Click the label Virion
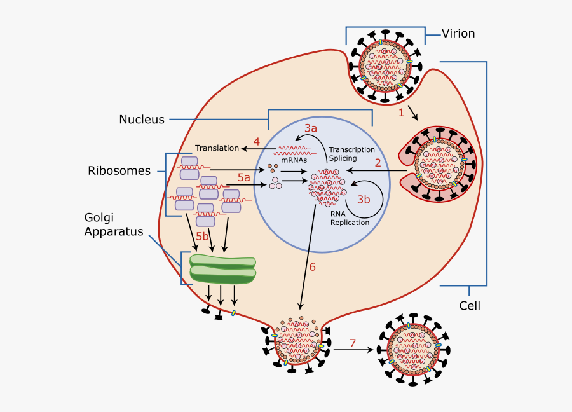pyautogui.click(x=458, y=34)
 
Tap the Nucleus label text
pyautogui.click(x=141, y=120)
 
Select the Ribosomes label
pyautogui.click(x=119, y=171)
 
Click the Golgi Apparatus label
pyautogui.click(x=114, y=224)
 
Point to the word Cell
pyautogui.click(x=470, y=306)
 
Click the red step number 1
pyautogui.click(x=401, y=113)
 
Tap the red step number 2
pyautogui.click(x=378, y=162)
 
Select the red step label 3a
pyautogui.click(x=310, y=128)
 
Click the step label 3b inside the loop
pyautogui.click(x=363, y=200)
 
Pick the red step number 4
pyautogui.click(x=256, y=141)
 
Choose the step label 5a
pyautogui.click(x=244, y=177)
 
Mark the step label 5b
pyautogui.click(x=202, y=237)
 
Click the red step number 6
pyautogui.click(x=312, y=267)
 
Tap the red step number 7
pyautogui.click(x=353, y=344)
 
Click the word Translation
pyautogui.click(x=217, y=148)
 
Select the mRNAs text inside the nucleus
pyautogui.click(x=294, y=160)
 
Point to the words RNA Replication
pyautogui.click(x=350, y=218)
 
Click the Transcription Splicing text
pyautogui.click(x=351, y=154)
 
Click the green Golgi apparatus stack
pyautogui.click(x=223, y=269)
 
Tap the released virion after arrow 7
pyautogui.click(x=413, y=349)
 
